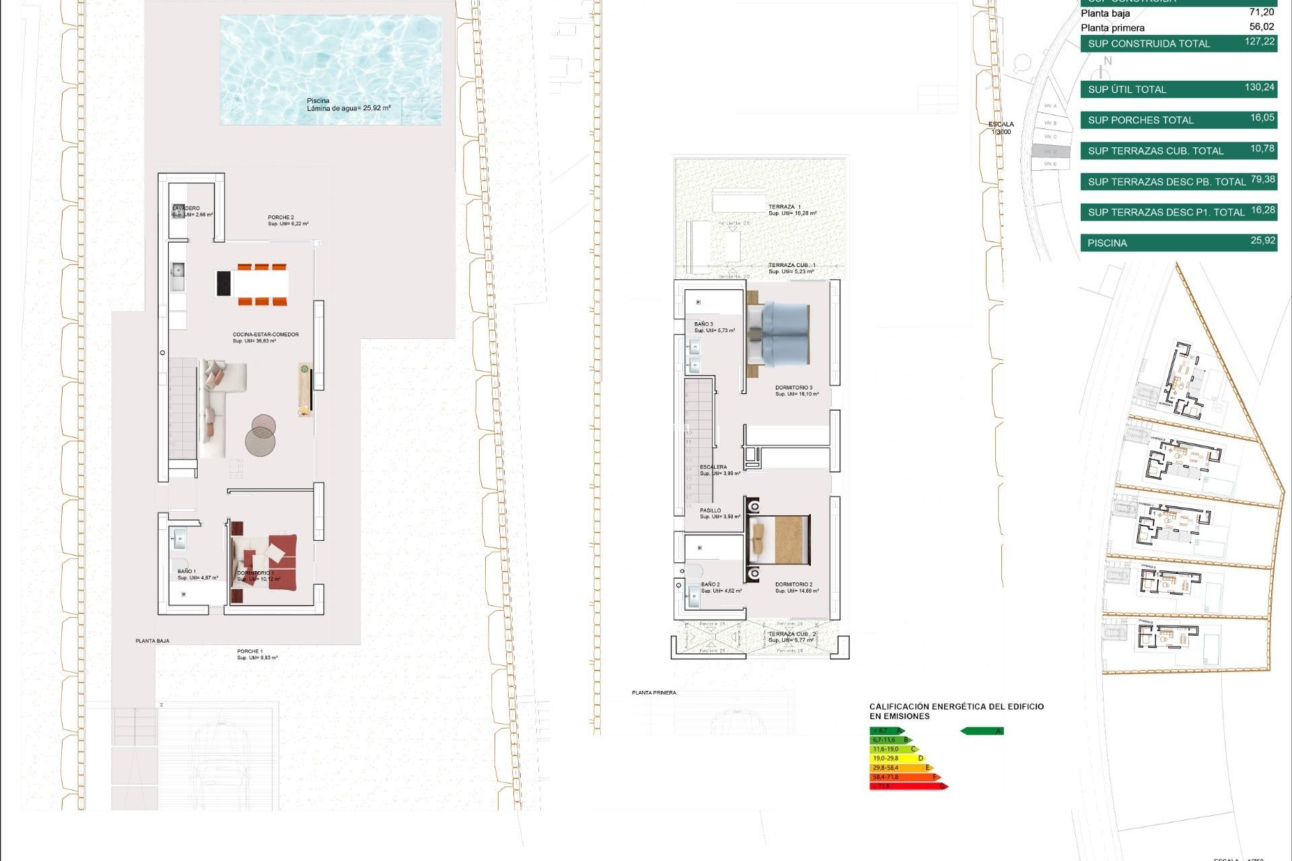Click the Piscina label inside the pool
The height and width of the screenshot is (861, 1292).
click(x=318, y=101)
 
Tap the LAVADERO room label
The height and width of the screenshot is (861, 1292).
click(x=186, y=209)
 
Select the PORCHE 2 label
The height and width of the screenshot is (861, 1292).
click(x=281, y=217)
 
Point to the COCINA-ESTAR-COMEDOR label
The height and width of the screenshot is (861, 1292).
click(x=265, y=334)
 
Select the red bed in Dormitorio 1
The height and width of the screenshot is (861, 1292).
click(x=266, y=562)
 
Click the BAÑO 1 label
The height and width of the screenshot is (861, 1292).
click(x=186, y=571)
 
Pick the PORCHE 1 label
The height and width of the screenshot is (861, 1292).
click(x=250, y=651)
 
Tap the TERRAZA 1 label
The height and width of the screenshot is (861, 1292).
click(x=785, y=207)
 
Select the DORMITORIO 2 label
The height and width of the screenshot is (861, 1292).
click(x=793, y=585)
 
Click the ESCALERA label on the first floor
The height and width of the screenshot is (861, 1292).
click(x=713, y=467)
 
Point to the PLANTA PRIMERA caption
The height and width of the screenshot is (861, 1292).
click(x=653, y=692)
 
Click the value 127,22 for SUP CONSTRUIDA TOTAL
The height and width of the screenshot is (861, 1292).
click(x=1259, y=42)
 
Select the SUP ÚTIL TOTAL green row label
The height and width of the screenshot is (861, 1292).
click(x=1127, y=89)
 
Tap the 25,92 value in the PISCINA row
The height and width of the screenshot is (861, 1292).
click(x=1262, y=241)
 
